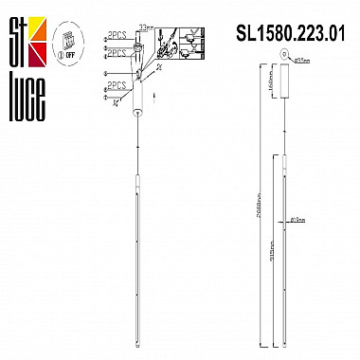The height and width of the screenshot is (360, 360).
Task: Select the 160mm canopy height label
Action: pyautogui.click(x=271, y=89)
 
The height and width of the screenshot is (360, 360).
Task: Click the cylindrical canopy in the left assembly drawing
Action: pyautogui.click(x=138, y=96)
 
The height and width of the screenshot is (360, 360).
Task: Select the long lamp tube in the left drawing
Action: pyautogui.click(x=138, y=237)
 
